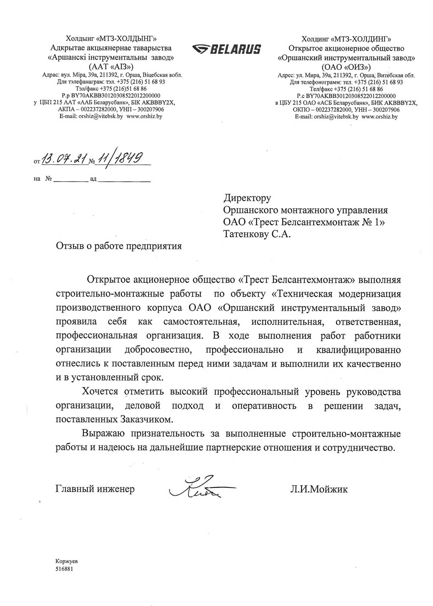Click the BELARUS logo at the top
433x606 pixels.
click(x=226, y=49)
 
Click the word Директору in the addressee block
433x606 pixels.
click(x=247, y=198)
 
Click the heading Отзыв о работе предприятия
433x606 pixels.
click(x=119, y=246)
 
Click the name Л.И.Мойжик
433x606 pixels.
click(x=319, y=490)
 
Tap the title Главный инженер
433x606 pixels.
click(x=95, y=490)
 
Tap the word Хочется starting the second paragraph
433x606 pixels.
click(x=100, y=392)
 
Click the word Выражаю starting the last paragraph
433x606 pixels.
click(x=103, y=434)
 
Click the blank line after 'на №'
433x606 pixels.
click(x=71, y=179)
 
